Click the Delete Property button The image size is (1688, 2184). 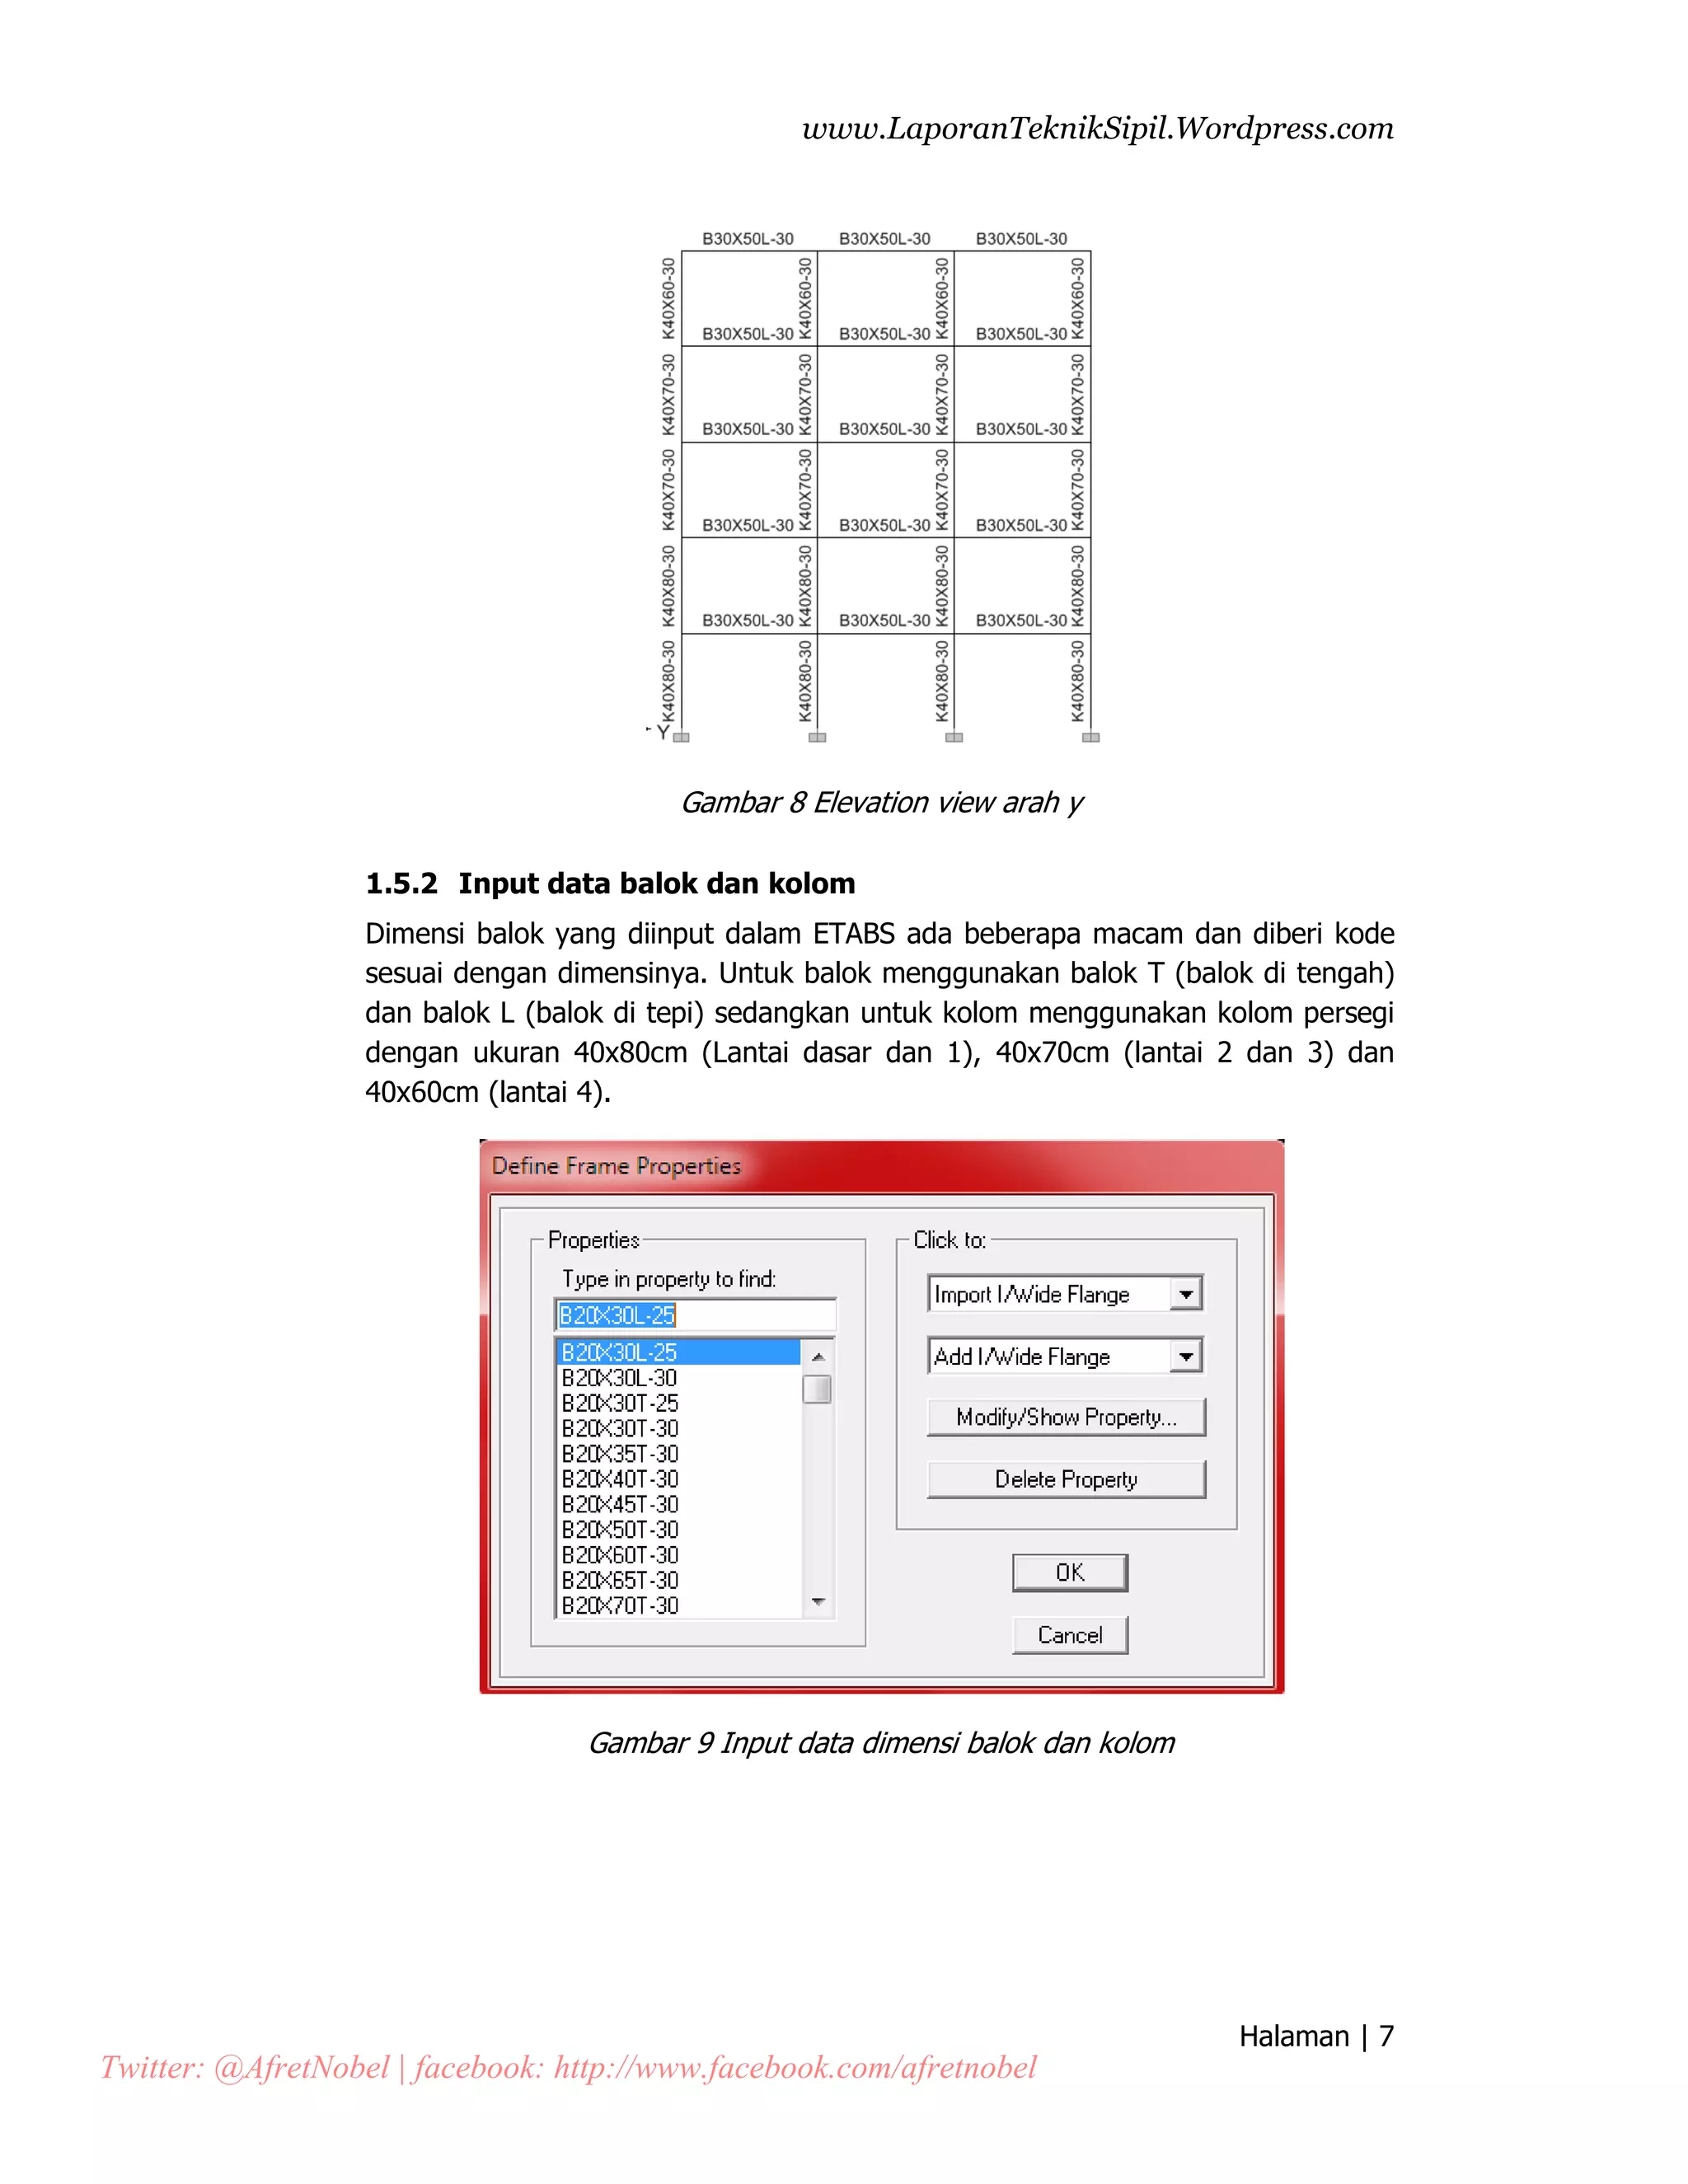click(x=1066, y=1479)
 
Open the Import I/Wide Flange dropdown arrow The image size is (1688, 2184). click(x=1186, y=1294)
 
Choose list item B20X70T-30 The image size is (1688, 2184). click(x=620, y=1606)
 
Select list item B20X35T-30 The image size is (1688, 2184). click(x=620, y=1454)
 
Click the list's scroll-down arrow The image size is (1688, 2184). click(x=818, y=1603)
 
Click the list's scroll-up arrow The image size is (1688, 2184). click(x=818, y=1356)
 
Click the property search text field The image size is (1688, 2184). click(x=695, y=1315)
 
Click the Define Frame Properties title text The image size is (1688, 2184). click(x=616, y=1166)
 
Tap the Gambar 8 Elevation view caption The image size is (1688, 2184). click(x=881, y=803)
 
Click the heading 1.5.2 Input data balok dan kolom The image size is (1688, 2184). click(x=610, y=884)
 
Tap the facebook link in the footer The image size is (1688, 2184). click(x=795, y=2068)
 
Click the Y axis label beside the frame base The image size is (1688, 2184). click(x=662, y=732)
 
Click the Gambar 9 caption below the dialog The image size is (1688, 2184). click(x=881, y=1743)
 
